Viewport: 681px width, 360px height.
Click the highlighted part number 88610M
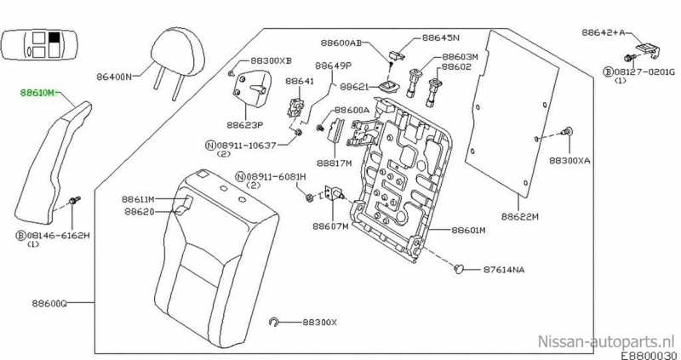coord(38,93)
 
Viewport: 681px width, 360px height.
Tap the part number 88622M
coord(520,217)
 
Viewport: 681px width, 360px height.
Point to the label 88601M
coord(469,230)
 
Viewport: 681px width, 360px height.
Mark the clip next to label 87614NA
coord(459,269)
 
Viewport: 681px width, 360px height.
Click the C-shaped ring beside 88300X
coord(273,322)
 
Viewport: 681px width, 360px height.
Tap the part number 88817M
coord(334,163)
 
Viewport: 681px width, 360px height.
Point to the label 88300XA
coord(569,161)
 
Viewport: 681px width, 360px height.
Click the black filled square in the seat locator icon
coord(54,37)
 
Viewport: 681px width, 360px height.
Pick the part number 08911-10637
coord(245,145)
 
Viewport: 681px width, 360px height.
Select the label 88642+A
coord(602,32)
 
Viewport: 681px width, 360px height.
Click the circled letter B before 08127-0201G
coord(608,71)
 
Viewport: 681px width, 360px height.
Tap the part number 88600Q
coord(49,303)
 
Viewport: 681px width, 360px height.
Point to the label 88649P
coord(333,66)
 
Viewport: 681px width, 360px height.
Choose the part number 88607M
coord(330,226)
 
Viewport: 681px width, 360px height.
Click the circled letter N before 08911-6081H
coord(241,176)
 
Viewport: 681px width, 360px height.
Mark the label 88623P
coord(245,124)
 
